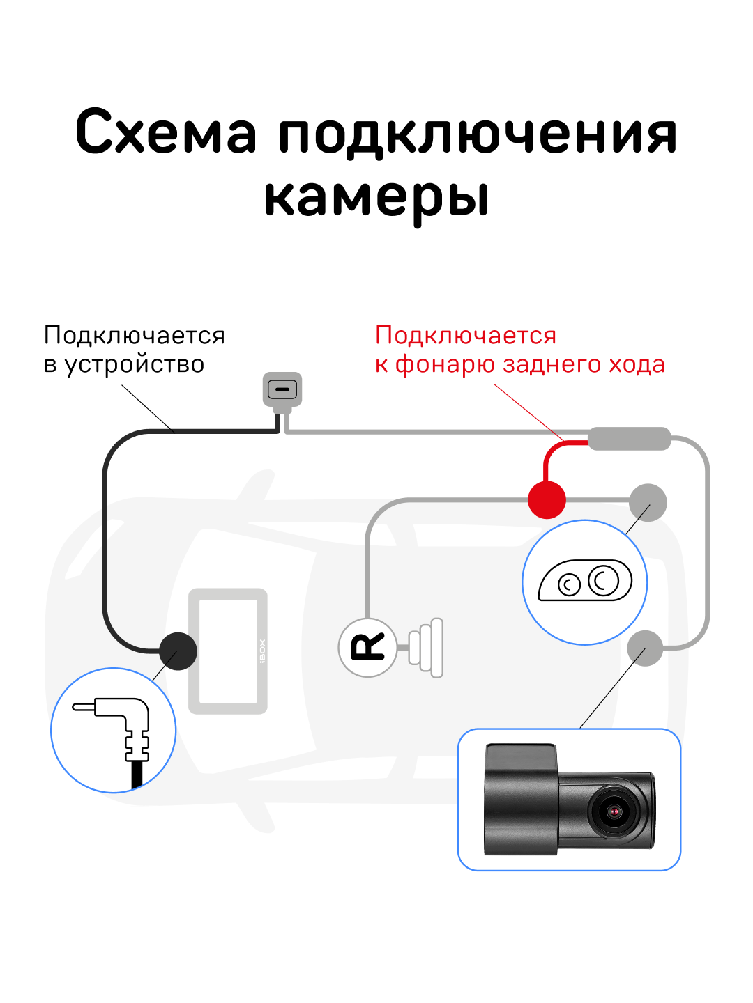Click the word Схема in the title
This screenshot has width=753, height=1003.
pos(166,132)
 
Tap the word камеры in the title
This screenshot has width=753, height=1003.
pos(376,197)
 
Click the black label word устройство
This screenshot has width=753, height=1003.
pos(135,364)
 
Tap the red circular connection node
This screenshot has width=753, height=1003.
pos(547,499)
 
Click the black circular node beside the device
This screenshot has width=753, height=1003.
pos(178,651)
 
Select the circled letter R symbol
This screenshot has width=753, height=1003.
pos(367,647)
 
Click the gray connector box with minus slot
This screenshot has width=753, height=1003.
pos(282,389)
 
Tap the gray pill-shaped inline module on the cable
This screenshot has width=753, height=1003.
pos(629,439)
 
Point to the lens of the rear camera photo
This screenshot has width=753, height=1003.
pos(614,811)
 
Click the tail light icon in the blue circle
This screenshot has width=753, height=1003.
pos(585,581)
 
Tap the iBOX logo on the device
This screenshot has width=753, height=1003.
pos(262,651)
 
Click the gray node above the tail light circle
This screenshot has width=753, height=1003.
pos(648,502)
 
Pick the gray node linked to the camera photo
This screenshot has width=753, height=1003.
pos(645,648)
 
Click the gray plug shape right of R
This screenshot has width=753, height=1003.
pos(426,647)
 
